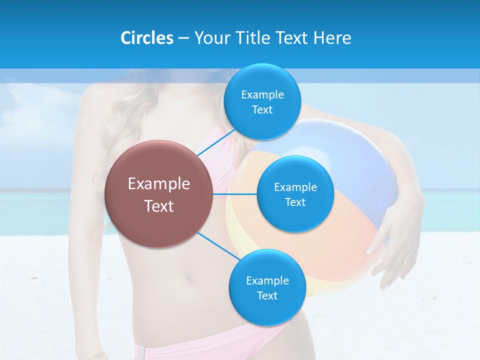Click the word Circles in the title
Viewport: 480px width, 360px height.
coord(146,38)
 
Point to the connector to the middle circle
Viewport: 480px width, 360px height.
coord(235,193)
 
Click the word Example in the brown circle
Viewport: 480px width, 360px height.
coord(159,184)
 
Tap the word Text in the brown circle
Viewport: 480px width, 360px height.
coord(159,206)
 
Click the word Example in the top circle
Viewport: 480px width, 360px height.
coord(262,95)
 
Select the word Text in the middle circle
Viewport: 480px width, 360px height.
coord(295,202)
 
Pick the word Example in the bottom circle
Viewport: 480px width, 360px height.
coord(267,280)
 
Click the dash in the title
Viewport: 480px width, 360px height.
coord(183,38)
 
